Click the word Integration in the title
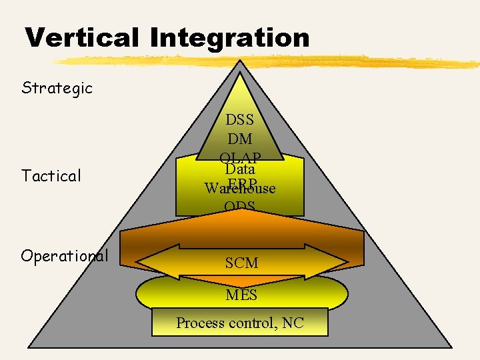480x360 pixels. pos(230,39)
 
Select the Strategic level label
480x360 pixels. pos(57,87)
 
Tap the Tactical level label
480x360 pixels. pos(51,176)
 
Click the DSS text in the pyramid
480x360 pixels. pos(240,120)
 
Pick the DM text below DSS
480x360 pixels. pos(240,139)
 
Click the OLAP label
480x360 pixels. pos(240,157)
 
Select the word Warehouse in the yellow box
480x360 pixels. pos(240,189)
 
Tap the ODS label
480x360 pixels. pos(240,207)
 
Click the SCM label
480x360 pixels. pos(241,263)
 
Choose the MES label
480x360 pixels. pos(241,294)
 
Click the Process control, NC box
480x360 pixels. pos(240,323)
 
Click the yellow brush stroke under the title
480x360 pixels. pos(267,61)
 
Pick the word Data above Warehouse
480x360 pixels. pos(240,170)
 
